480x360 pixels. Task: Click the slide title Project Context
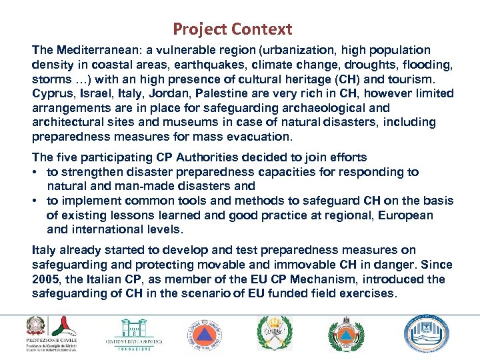232,29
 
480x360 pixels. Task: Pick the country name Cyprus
51,94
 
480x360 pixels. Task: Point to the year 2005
46,279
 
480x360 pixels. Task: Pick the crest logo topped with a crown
274,332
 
